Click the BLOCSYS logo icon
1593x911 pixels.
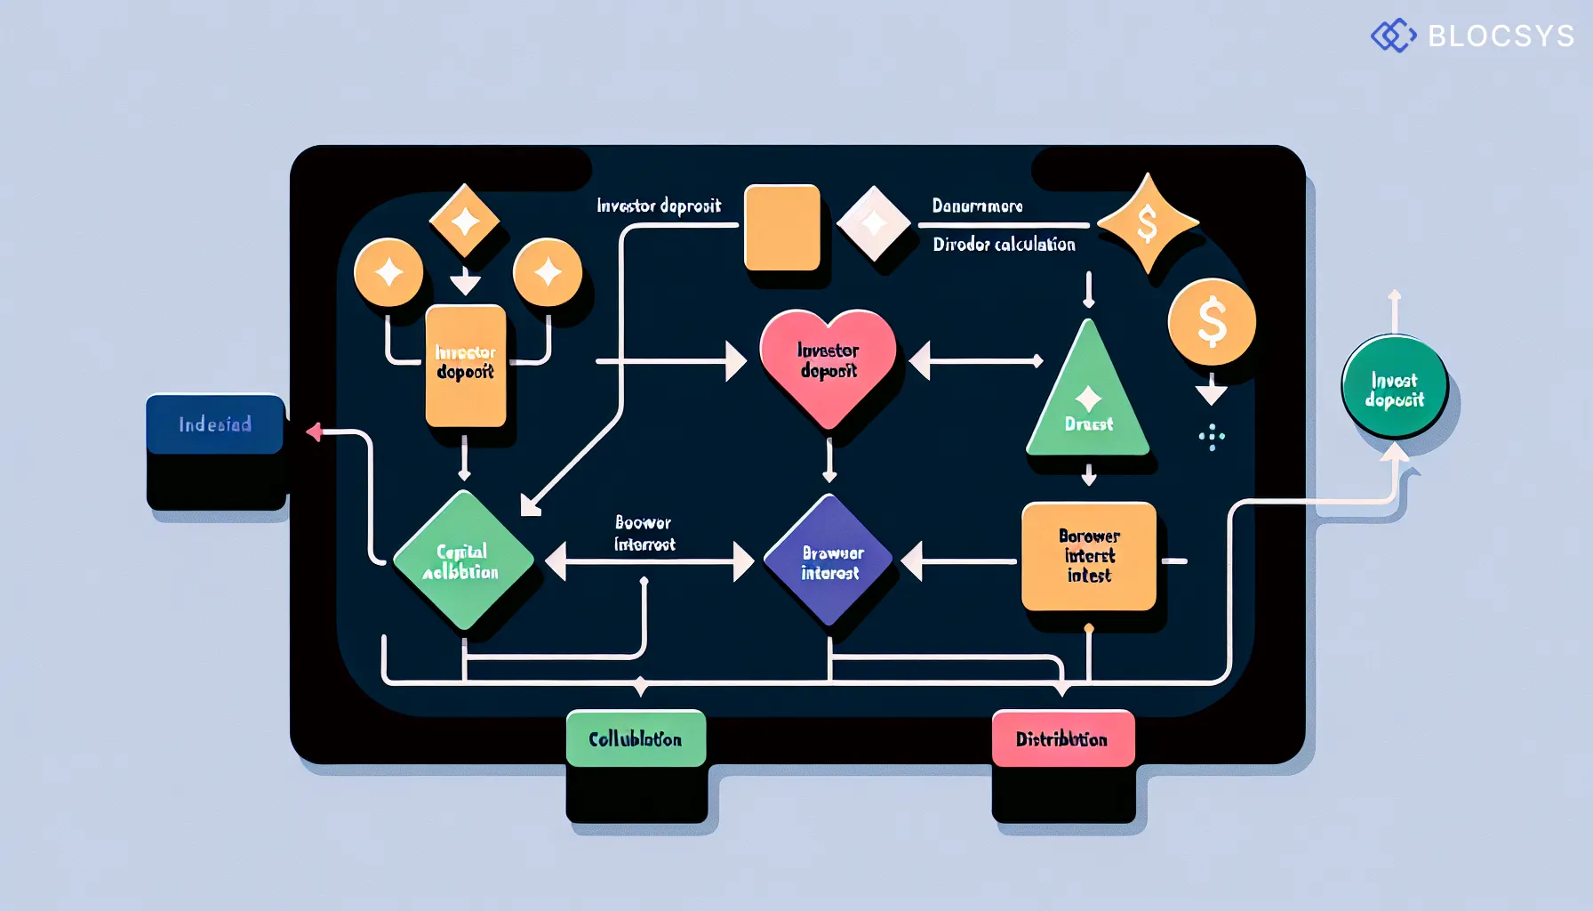1393,36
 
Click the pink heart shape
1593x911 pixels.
828,363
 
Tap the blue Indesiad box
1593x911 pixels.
214,424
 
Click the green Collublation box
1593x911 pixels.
636,738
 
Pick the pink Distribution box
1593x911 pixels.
1062,738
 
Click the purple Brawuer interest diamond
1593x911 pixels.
829,561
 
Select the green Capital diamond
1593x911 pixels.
462,560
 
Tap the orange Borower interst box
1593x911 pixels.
1089,556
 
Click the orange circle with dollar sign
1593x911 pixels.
1212,322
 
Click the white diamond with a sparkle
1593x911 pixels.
874,222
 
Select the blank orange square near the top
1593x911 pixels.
781,227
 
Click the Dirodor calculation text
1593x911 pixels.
1004,244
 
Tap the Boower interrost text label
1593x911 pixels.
644,533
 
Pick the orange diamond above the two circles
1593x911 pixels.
464,221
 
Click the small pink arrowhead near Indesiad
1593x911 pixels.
314,431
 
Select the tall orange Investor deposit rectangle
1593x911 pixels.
465,365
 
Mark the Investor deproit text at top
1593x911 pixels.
659,206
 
